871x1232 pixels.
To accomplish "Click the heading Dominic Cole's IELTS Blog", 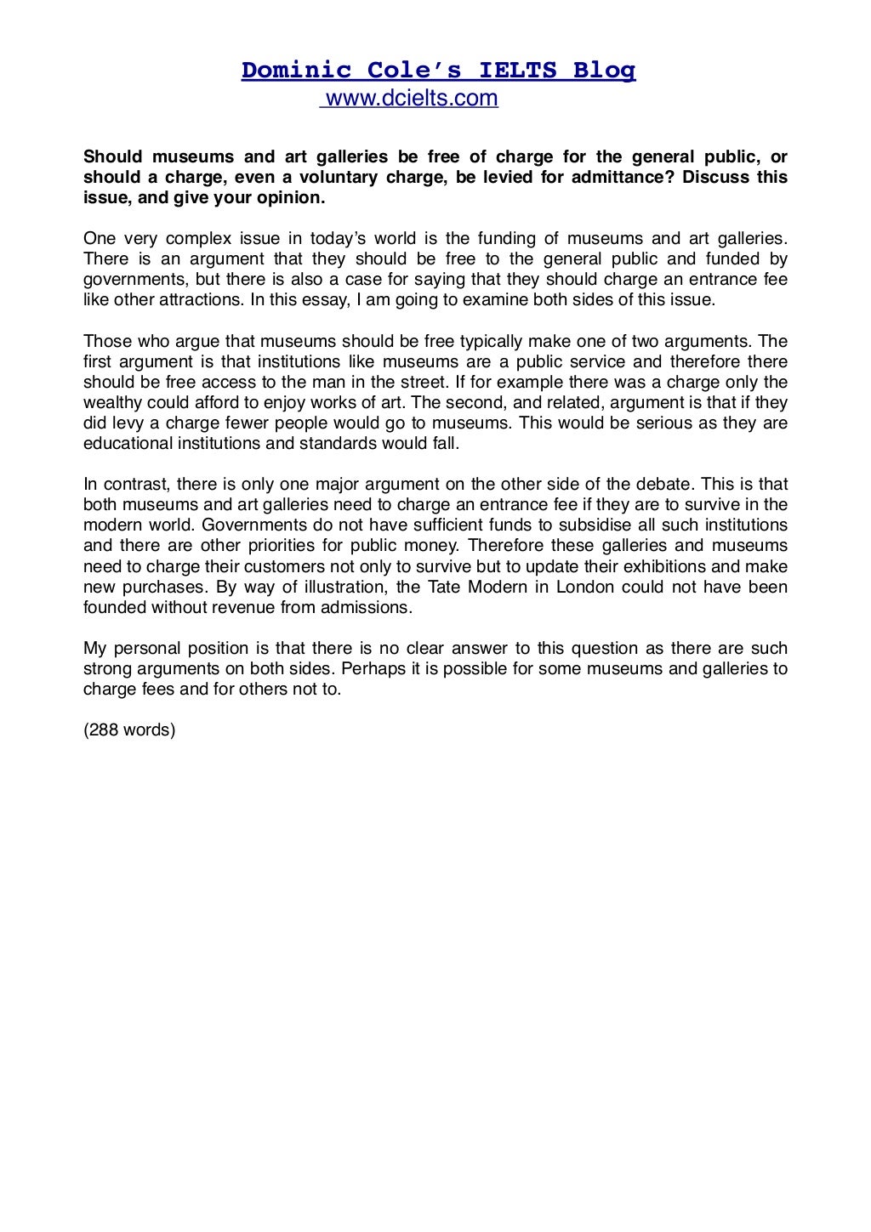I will point(438,70).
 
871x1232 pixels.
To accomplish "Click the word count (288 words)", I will point(129,730).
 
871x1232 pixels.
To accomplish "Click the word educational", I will point(130,443).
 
